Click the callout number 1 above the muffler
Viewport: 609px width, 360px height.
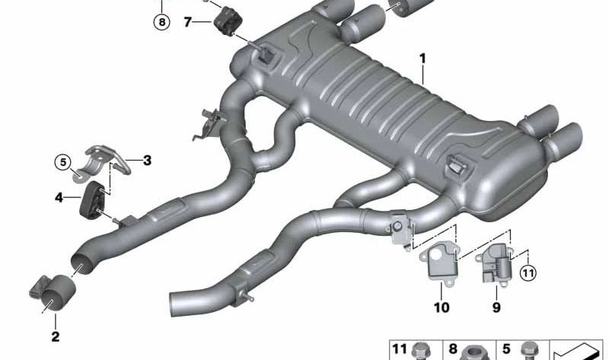coord(422,59)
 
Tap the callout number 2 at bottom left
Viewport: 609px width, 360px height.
coord(56,336)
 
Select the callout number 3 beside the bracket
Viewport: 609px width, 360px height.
coord(147,161)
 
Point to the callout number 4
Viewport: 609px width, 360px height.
coord(59,198)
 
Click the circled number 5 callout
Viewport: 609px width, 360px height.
coord(63,162)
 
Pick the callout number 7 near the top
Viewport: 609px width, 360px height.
coord(187,22)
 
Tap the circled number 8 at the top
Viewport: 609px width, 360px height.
coord(162,22)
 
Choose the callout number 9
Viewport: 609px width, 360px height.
coord(496,307)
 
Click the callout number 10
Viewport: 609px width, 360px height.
coord(442,307)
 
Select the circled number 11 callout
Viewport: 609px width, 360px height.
coord(528,273)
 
